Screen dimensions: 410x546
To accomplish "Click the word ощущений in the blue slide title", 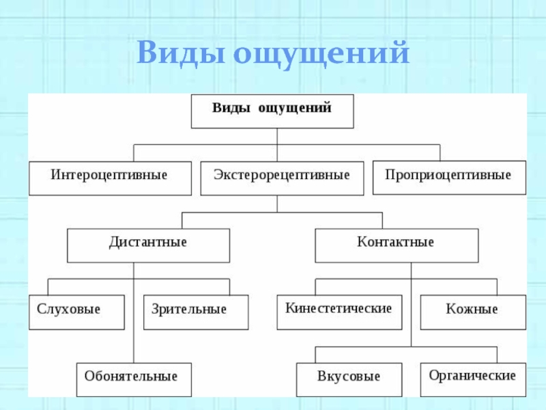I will pos(321,53).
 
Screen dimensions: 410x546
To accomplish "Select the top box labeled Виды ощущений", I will pos(272,111).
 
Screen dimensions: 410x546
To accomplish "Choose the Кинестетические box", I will pos(339,312).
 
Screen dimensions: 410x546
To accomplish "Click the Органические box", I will pos(472,378).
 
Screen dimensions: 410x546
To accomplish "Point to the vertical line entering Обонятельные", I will pos(134,342).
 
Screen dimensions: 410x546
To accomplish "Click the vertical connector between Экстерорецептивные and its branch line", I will pos(277,204).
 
